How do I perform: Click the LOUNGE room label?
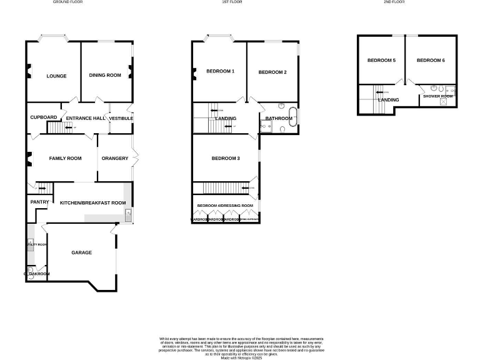(x=56, y=76)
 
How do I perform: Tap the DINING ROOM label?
(x=105, y=76)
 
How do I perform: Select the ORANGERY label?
(x=114, y=159)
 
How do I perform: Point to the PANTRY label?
(x=39, y=202)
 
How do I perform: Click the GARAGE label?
(x=81, y=252)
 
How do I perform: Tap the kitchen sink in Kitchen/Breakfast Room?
(x=127, y=216)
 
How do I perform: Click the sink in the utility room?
(x=30, y=244)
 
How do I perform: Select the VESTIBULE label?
(x=121, y=118)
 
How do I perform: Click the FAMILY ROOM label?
(x=66, y=159)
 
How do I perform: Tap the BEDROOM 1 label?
(x=220, y=71)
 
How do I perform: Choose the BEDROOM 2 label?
(x=272, y=72)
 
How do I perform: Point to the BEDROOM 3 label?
(x=226, y=159)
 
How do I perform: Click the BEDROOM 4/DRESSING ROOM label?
(x=225, y=206)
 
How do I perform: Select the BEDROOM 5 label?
(x=381, y=61)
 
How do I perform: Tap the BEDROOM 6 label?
(x=431, y=61)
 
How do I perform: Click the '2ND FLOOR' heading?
(x=394, y=2)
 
